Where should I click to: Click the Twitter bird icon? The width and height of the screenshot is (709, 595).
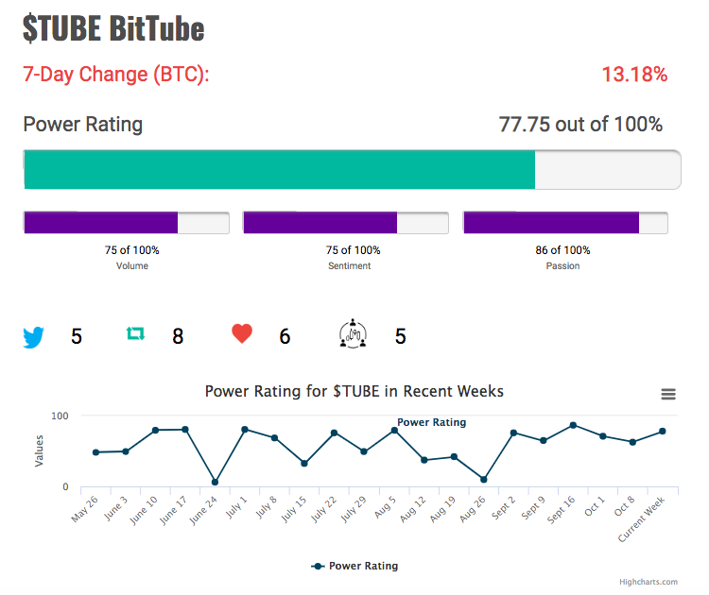tap(33, 337)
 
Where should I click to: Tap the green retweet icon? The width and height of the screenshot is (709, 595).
tap(135, 333)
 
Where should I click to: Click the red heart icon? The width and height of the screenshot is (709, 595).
tap(242, 334)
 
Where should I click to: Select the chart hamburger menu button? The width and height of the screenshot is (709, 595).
tap(668, 394)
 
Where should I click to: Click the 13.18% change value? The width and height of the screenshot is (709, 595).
tap(634, 75)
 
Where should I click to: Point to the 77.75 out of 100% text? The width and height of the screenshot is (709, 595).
tap(580, 125)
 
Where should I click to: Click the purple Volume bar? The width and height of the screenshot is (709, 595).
tap(101, 222)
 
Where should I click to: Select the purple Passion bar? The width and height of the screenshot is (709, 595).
tap(551, 222)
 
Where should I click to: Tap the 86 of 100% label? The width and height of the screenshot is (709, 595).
tap(563, 250)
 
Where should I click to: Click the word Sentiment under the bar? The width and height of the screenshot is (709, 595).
tap(350, 266)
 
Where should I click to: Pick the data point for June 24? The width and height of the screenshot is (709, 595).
tap(215, 482)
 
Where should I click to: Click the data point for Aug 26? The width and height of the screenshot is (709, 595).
tap(483, 480)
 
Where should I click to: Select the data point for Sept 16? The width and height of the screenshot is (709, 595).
tap(573, 425)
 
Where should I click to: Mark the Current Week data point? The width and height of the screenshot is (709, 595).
tap(663, 432)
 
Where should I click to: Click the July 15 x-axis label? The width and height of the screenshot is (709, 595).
tap(294, 509)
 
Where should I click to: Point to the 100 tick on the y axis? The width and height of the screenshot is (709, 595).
tap(60, 416)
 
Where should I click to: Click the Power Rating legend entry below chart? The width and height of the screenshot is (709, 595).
tap(354, 566)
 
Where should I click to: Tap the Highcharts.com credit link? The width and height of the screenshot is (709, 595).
tap(648, 582)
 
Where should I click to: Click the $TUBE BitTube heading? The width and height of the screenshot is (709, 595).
tap(113, 28)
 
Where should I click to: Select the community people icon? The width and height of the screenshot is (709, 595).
tap(353, 334)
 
